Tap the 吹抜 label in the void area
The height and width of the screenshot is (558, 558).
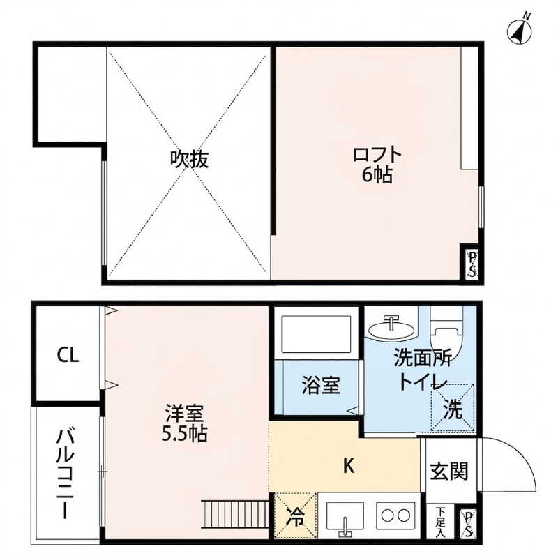(x=189, y=159)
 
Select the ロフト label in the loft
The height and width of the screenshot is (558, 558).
(x=377, y=155)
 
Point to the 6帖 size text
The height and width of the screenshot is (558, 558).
(x=377, y=175)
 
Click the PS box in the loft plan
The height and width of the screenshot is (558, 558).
(x=472, y=265)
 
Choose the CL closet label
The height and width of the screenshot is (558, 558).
(x=68, y=355)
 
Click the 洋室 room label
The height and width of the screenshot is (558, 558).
(x=184, y=413)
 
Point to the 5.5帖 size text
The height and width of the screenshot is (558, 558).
(x=184, y=433)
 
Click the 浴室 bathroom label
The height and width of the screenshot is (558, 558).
(x=321, y=385)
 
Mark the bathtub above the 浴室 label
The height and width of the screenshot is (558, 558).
(x=317, y=333)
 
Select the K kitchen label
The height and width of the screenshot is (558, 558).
(x=349, y=465)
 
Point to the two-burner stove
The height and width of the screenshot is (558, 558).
(x=395, y=515)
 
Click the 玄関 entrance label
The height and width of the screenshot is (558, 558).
(x=449, y=472)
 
